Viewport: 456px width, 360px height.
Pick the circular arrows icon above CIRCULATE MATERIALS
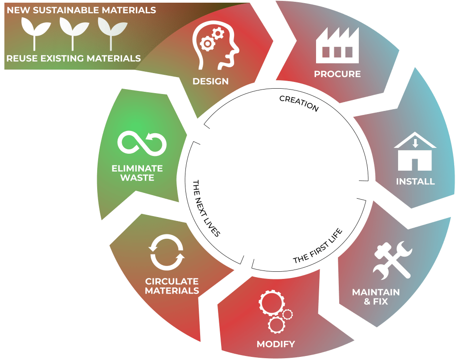pyautogui.click(x=167, y=253)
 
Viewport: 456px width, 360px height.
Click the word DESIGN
pyautogui.click(x=210, y=82)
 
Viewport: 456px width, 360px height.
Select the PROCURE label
pyautogui.click(x=337, y=74)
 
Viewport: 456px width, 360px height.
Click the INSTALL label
pyautogui.click(x=415, y=182)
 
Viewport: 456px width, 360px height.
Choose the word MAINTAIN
pyautogui.click(x=376, y=293)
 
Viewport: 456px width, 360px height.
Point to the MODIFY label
pyautogui.click(x=276, y=344)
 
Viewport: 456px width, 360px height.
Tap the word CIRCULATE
pyautogui.click(x=172, y=282)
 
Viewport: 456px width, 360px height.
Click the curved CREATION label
pyautogui.click(x=299, y=103)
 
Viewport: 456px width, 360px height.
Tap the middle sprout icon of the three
pyautogui.click(x=72, y=33)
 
